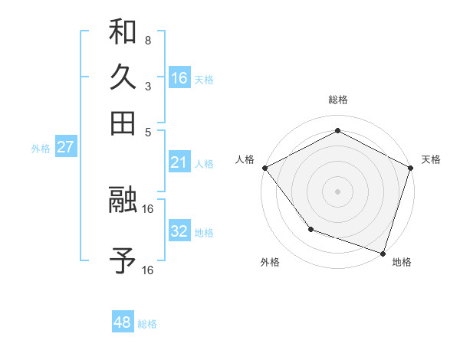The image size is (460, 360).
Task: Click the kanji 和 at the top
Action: (123, 31)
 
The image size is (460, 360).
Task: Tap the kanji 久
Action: (123, 77)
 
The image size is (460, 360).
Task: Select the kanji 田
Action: (123, 123)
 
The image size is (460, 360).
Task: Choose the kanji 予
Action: (123, 261)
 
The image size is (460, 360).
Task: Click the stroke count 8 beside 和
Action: (147, 40)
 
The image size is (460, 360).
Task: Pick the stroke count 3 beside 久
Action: (147, 86)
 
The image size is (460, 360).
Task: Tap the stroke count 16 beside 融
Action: (148, 208)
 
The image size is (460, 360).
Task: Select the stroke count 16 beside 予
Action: (148, 270)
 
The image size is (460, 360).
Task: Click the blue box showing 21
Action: (179, 162)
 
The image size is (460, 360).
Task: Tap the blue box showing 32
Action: (179, 231)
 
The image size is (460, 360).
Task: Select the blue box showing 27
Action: (65, 147)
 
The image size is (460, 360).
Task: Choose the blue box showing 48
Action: (123, 322)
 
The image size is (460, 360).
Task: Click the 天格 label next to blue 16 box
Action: (204, 79)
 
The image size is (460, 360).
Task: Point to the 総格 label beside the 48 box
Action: (147, 324)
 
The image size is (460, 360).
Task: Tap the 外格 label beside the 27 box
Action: (41, 149)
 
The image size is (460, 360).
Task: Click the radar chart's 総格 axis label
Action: (337, 100)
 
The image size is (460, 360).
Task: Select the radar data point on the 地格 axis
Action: (383, 252)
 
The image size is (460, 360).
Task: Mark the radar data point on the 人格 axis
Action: (264, 167)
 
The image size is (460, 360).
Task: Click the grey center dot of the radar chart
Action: (337, 191)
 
